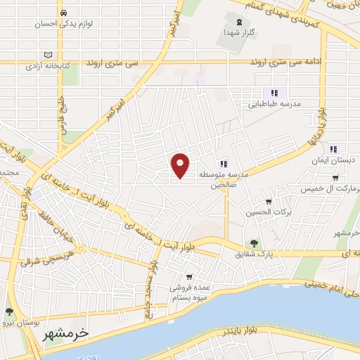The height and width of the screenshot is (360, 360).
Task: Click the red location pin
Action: (181, 165)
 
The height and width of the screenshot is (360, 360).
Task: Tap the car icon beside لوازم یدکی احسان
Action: (64, 13)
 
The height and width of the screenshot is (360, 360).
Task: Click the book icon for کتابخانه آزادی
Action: (48, 55)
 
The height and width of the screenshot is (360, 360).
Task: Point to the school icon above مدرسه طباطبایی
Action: (274, 92)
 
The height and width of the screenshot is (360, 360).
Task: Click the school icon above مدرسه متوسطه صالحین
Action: (224, 163)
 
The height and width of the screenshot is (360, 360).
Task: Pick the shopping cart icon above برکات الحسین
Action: (268, 202)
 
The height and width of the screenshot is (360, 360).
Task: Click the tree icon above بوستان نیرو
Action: (9, 311)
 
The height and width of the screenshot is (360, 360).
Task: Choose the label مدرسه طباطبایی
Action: (276, 104)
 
